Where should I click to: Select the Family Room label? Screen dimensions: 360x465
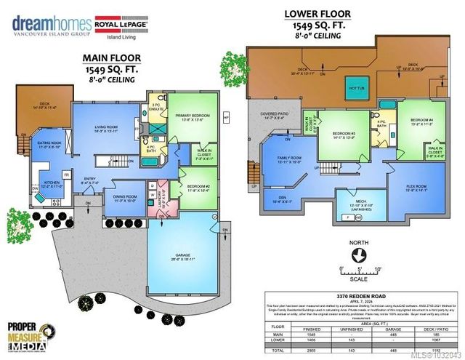[288, 162]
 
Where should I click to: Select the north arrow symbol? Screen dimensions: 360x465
[357, 255]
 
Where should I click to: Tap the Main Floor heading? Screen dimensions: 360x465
[110, 58]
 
